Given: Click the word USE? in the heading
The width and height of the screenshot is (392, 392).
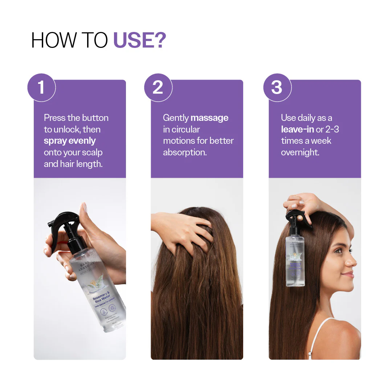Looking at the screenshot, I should click(140, 40).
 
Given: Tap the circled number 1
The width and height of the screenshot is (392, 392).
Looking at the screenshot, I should click(41, 87).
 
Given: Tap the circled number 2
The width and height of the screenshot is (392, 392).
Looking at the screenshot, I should click(158, 87).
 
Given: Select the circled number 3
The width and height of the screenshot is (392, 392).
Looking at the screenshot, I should click(277, 87).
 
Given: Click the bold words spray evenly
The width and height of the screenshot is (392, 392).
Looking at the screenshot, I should click(70, 141).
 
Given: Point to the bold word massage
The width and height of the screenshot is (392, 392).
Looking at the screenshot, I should click(209, 118).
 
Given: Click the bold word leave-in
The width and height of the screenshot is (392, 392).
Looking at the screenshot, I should click(297, 129).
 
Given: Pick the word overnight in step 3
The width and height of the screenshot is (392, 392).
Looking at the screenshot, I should click(300, 152).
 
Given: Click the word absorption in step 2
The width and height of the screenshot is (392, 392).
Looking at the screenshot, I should click(185, 152).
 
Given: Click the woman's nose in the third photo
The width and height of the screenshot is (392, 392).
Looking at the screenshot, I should click(354, 260).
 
